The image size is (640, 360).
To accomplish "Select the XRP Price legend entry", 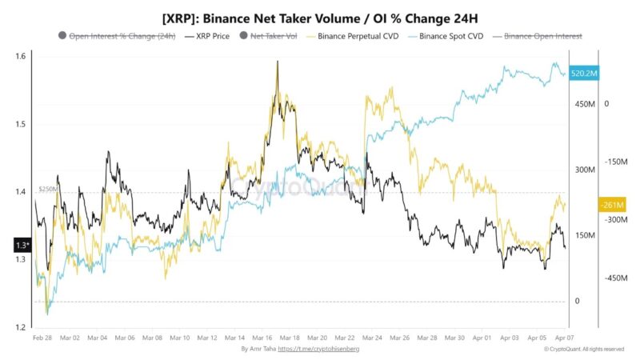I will pyautogui.click(x=213, y=37).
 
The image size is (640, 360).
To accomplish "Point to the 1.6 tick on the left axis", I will pyautogui.click(x=19, y=56).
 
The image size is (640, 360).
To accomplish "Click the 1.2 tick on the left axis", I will pyautogui.click(x=19, y=327).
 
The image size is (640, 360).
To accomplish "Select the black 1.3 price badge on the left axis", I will pyautogui.click(x=22, y=245).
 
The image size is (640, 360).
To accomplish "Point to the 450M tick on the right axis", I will pyautogui.click(x=586, y=104).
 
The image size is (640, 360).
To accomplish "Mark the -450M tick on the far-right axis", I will pyautogui.click(x=616, y=278).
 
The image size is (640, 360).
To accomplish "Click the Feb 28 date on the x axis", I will pyautogui.click(x=43, y=338).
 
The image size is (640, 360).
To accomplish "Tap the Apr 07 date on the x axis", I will pyautogui.click(x=564, y=338).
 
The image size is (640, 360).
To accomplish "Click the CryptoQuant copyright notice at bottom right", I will pyautogui.click(x=583, y=350).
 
